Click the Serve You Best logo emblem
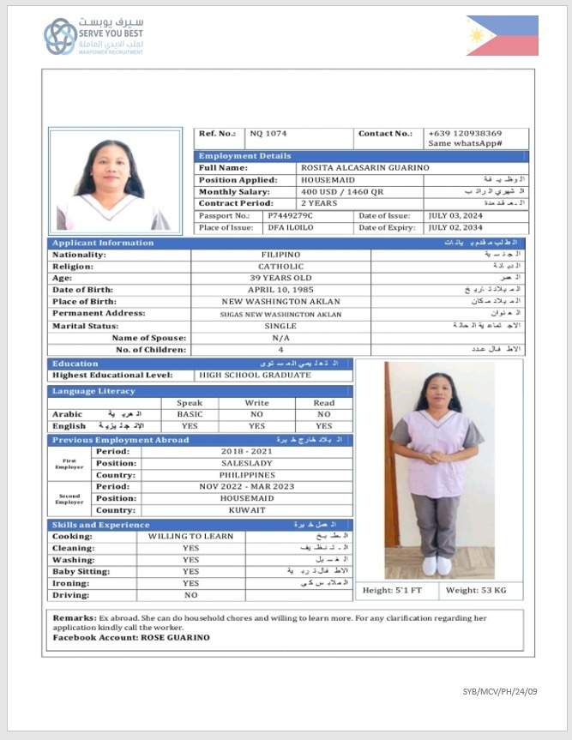tap(60, 36)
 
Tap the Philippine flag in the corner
tap(502, 35)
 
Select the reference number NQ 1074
tap(268, 134)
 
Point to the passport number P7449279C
tap(291, 216)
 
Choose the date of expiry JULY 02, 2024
tap(455, 228)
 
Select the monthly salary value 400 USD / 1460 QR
tap(339, 192)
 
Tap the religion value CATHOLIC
tap(280, 267)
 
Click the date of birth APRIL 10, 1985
tap(280, 290)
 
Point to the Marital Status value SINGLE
tap(280, 326)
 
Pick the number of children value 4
tap(280, 350)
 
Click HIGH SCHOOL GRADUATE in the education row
tap(255, 376)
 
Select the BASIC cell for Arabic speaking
tap(190, 413)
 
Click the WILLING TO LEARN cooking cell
tap(190, 536)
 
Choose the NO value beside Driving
tap(190, 594)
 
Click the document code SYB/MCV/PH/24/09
tap(500, 691)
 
